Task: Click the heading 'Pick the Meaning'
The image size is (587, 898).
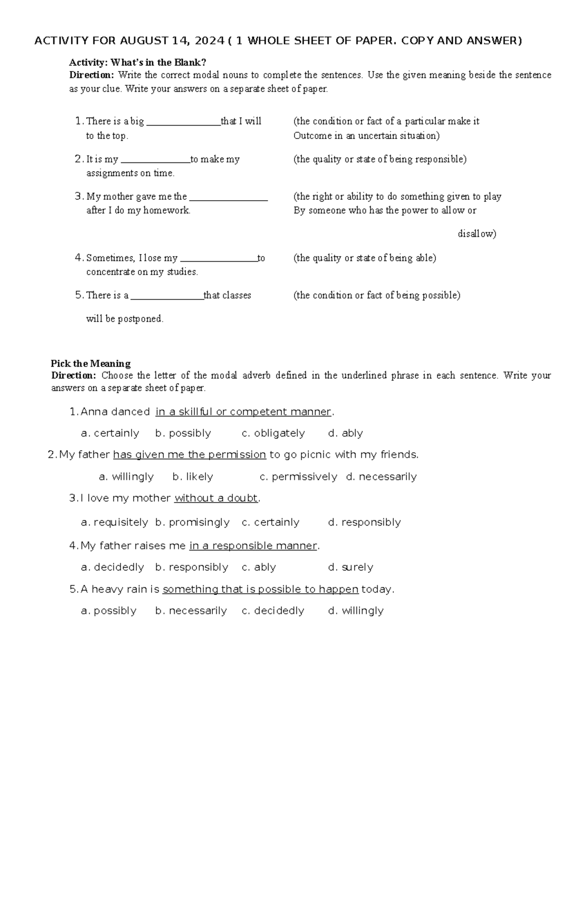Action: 90,364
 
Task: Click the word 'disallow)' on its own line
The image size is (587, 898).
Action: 477,234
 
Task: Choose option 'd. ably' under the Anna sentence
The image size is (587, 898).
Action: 345,433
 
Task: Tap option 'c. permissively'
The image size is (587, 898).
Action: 298,477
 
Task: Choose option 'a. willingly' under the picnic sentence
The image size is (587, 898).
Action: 126,477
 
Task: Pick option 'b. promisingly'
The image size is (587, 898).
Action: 192,522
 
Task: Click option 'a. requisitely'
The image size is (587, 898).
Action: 114,522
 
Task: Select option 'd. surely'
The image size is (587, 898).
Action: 351,567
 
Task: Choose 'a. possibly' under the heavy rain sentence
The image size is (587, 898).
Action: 109,611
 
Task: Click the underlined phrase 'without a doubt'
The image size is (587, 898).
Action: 216,498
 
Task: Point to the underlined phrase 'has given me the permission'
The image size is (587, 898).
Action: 189,455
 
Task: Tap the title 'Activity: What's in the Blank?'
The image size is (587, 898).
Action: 137,63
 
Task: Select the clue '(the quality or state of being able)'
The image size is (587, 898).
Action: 364,258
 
